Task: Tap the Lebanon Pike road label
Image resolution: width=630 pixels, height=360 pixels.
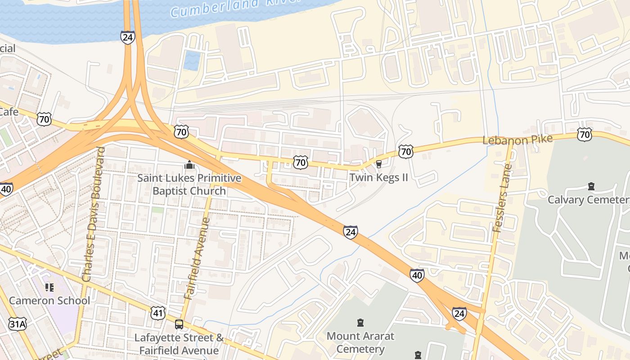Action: pyautogui.click(x=517, y=139)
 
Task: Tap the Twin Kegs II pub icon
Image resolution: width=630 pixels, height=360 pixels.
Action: pyautogui.click(x=378, y=164)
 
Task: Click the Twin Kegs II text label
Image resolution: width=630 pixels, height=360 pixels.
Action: pyautogui.click(x=378, y=177)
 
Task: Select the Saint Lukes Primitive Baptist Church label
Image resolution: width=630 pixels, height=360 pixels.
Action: pyautogui.click(x=189, y=184)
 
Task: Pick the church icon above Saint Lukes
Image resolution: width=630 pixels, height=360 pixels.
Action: pyautogui.click(x=189, y=165)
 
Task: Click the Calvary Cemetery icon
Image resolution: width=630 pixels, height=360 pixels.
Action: pyautogui.click(x=591, y=186)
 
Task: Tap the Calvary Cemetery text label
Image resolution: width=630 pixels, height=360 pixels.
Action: pyautogui.click(x=588, y=199)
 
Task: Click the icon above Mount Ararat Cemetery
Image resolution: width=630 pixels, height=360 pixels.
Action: pyautogui.click(x=360, y=323)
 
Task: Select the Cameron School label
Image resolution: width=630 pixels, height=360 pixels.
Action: pyautogui.click(x=49, y=300)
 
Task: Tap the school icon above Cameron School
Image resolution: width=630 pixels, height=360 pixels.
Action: pyautogui.click(x=49, y=287)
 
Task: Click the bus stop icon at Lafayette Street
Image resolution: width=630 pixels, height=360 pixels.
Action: pyautogui.click(x=179, y=324)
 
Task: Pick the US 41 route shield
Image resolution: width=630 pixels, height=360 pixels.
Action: pyautogui.click(x=158, y=313)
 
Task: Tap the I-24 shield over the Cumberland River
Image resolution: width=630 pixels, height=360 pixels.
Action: pyautogui.click(x=127, y=37)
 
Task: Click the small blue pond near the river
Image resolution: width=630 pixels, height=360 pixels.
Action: pyautogui.click(x=192, y=60)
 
